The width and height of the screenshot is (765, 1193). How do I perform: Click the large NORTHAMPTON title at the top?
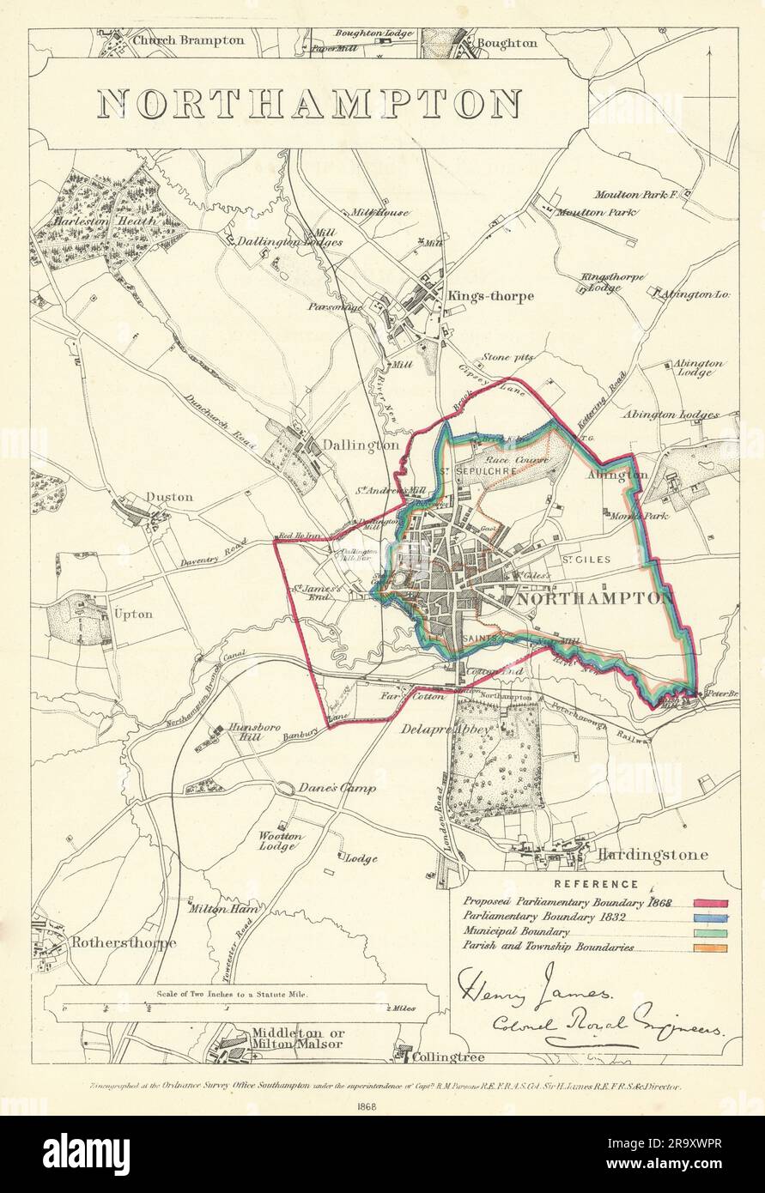tap(309, 104)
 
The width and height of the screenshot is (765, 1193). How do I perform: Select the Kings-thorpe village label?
tap(489, 296)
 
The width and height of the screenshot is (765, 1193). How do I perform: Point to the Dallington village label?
tap(361, 445)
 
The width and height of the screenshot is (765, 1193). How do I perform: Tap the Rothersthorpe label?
tap(124, 942)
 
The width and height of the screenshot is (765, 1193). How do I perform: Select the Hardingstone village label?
tap(653, 855)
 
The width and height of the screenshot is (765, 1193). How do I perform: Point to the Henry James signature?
tap(537, 988)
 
